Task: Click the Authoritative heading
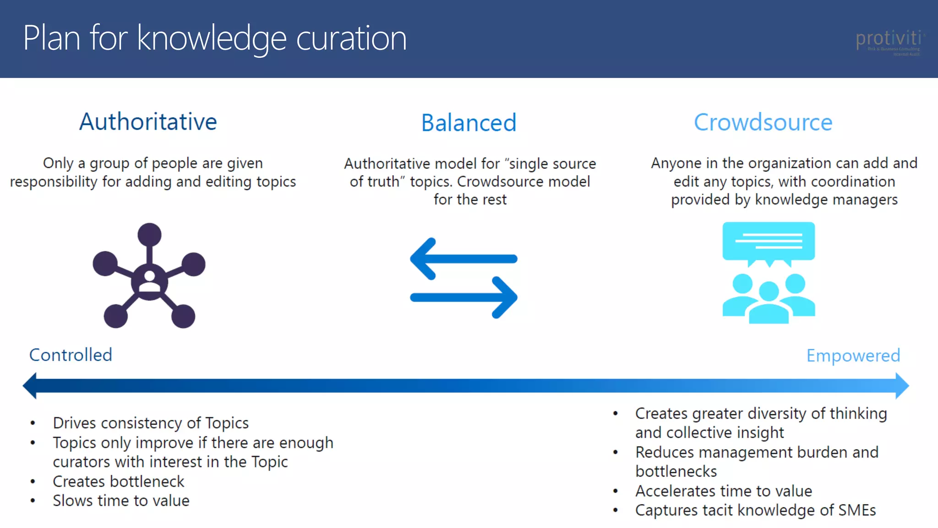click(x=148, y=122)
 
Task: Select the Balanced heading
click(x=469, y=123)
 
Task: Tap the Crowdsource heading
click(x=763, y=122)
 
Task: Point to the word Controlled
click(x=71, y=355)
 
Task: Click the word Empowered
click(x=853, y=356)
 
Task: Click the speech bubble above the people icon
click(x=769, y=242)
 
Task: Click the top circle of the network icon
click(x=149, y=235)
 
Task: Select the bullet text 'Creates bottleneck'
click(x=118, y=482)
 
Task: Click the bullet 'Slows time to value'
click(x=121, y=501)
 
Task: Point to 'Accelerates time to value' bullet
click(x=723, y=491)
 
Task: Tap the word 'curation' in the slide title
click(x=351, y=38)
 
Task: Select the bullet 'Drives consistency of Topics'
click(x=151, y=423)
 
